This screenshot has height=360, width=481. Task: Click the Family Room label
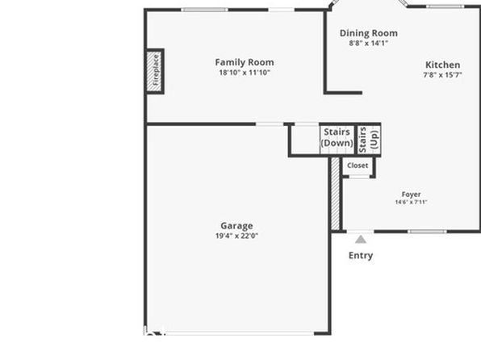tap(245, 62)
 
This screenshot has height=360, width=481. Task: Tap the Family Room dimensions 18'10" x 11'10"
tap(245, 73)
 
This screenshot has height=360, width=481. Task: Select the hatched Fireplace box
tap(154, 71)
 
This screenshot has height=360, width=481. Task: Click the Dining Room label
tap(369, 33)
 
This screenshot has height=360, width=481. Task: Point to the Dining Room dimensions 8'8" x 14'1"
tap(369, 43)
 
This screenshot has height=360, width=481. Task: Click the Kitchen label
tap(442, 65)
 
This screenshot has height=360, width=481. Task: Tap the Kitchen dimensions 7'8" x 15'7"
tap(442, 75)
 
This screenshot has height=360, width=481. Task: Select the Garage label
tap(236, 226)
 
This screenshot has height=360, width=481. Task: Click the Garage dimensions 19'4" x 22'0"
tap(236, 236)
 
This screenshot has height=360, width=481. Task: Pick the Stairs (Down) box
tap(337, 140)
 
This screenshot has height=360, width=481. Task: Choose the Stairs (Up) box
tap(370, 140)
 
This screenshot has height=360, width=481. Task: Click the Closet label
tap(358, 165)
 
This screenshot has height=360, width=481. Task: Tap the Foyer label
tap(411, 195)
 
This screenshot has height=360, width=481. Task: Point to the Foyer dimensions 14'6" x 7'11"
tap(411, 202)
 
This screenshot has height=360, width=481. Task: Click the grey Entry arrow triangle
tap(361, 240)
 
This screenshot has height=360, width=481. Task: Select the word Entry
tap(361, 255)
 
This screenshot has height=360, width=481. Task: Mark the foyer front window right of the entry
tap(427, 232)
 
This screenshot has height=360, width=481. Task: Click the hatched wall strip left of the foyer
tap(335, 194)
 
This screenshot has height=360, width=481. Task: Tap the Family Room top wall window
tap(204, 10)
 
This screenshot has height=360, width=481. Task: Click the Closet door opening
tap(359, 177)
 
